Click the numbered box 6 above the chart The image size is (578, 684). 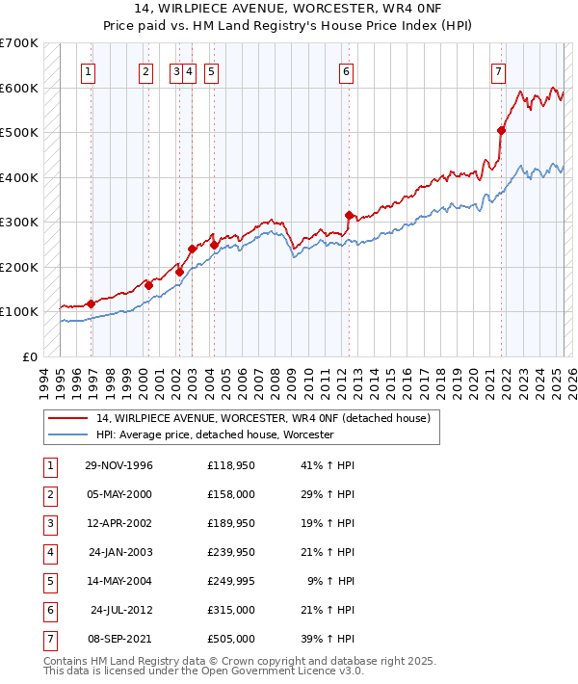(x=345, y=70)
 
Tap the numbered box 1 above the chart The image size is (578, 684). (x=89, y=70)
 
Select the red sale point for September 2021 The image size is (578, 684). (x=502, y=130)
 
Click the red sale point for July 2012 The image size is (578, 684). (x=349, y=215)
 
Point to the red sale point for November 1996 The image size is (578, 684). (x=91, y=303)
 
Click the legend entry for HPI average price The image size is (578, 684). (x=214, y=435)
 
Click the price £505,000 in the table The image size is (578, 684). (x=231, y=639)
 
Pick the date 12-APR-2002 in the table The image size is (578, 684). (x=118, y=523)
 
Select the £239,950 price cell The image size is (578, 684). (x=231, y=552)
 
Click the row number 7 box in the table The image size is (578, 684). (x=49, y=639)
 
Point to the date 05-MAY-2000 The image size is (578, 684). (x=118, y=494)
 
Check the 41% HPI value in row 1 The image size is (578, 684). (x=328, y=465)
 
